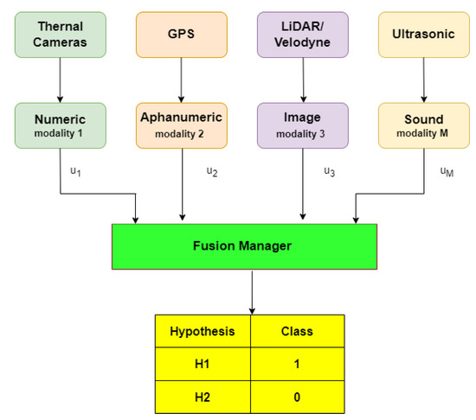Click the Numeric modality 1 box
coord(58,124)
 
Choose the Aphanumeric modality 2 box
coord(181,124)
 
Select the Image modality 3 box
coord(302,124)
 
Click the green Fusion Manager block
coord(243,245)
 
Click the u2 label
coord(212,171)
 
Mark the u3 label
coord(329,171)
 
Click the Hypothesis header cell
coord(202,330)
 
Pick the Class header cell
coord(298,330)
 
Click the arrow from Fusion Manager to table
coord(251,290)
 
